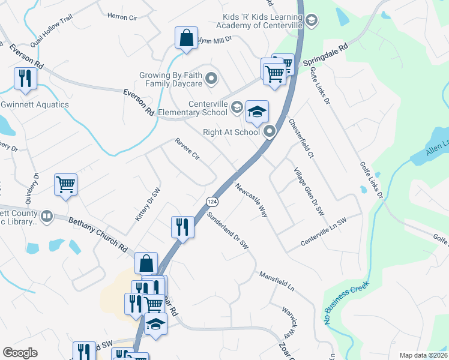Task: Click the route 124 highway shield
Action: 211,200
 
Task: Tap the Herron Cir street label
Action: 122,17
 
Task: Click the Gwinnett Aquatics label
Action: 35,105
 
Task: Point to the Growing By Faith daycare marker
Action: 211,78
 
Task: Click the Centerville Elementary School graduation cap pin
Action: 257,112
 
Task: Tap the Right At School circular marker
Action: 270,130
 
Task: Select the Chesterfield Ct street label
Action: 301,139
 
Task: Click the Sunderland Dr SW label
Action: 227,230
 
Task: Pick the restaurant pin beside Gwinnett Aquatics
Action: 25,79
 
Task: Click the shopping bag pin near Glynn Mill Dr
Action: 186,38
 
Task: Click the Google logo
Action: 20,353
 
